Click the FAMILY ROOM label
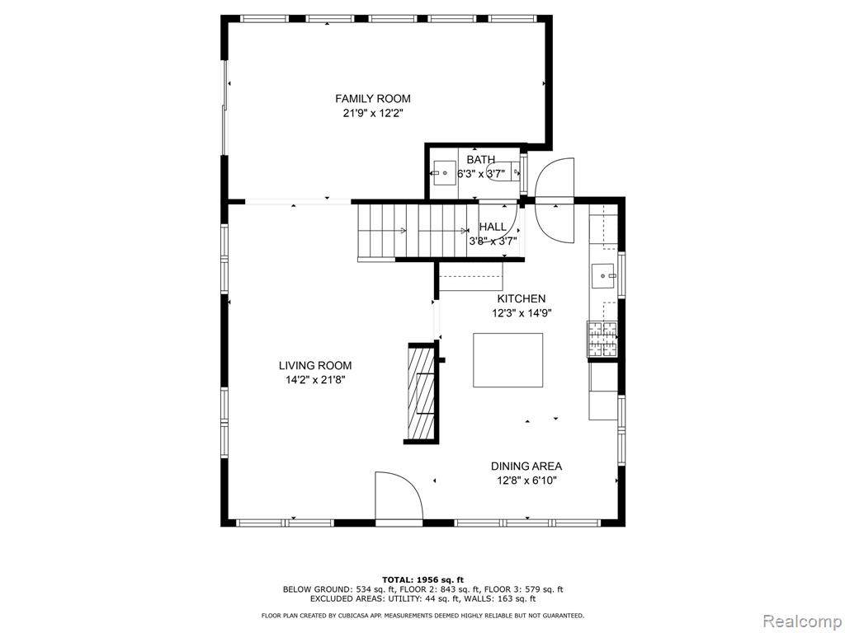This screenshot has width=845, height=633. [x=372, y=99]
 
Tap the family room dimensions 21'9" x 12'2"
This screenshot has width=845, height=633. [x=372, y=114]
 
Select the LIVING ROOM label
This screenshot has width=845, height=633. [x=314, y=366]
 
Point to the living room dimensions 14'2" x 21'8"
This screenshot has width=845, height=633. [x=314, y=380]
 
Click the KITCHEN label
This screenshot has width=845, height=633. [x=521, y=298]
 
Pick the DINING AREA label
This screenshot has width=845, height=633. [x=526, y=467]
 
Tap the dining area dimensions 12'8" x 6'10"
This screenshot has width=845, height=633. [x=526, y=481]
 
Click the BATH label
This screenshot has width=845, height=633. [x=480, y=160]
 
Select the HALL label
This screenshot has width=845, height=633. [x=493, y=227]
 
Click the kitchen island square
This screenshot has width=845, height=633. [x=507, y=360]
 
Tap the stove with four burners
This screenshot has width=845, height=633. [x=602, y=339]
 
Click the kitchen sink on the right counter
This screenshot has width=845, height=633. [x=604, y=274]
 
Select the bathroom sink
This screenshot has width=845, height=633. [x=445, y=173]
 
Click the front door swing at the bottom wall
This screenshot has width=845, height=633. [x=398, y=496]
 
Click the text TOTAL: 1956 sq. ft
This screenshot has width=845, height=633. [x=422, y=579]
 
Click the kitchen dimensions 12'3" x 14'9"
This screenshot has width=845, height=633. [x=521, y=313]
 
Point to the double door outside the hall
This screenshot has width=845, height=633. [x=554, y=199]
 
